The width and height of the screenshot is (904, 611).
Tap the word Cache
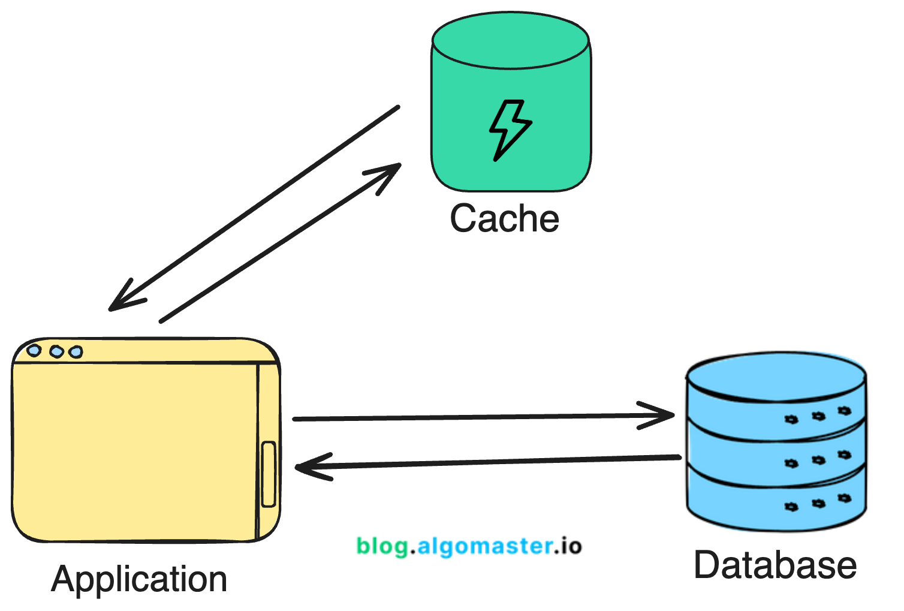click(504, 218)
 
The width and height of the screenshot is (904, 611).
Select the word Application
click(139, 579)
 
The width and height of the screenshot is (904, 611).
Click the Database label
click(775, 565)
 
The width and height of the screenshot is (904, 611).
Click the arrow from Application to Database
click(480, 417)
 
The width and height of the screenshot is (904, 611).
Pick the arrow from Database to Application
click(486, 462)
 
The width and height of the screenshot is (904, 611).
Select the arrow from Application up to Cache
click(282, 242)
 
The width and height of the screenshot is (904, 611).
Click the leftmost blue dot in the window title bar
click(34, 350)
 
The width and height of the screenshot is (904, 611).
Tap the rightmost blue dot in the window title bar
click(76, 352)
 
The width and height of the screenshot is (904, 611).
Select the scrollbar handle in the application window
click(269, 474)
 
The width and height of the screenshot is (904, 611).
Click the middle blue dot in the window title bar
click(56, 351)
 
